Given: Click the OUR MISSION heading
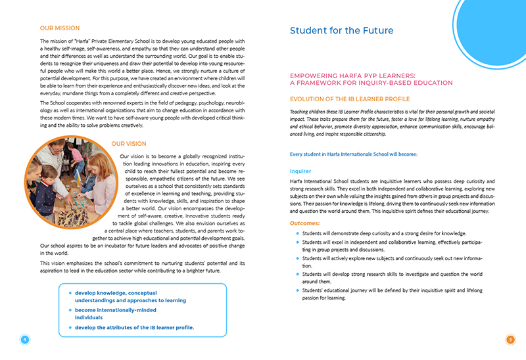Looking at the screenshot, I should [x=60, y=28].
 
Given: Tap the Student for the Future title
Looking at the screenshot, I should [x=341, y=31].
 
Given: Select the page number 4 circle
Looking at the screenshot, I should [x=25, y=340].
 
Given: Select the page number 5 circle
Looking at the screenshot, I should [x=510, y=340].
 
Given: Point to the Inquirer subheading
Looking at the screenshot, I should [x=300, y=170].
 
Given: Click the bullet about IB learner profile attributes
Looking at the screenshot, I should [x=134, y=327].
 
